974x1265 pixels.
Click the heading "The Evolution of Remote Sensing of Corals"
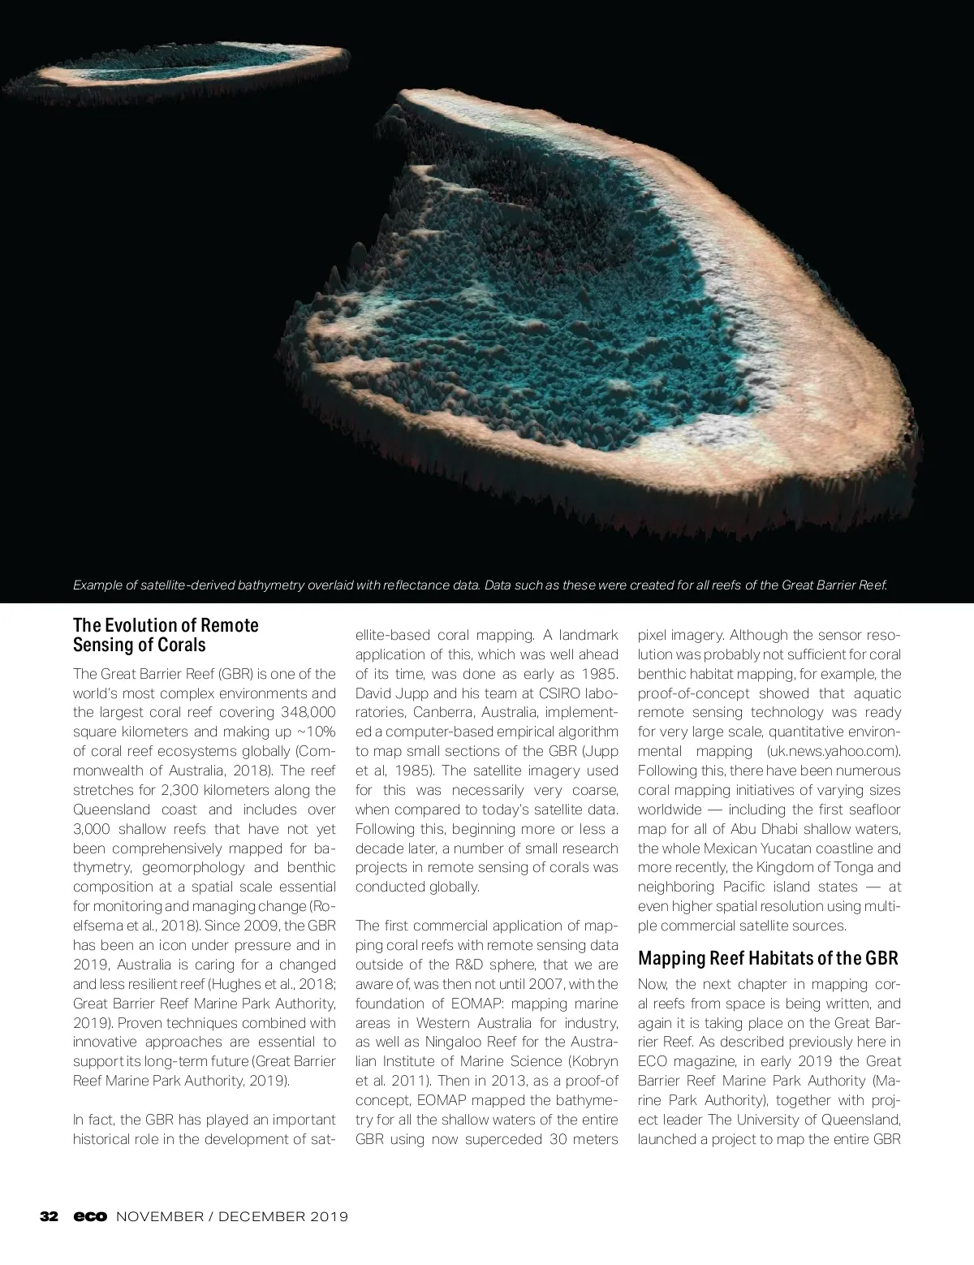[x=166, y=635]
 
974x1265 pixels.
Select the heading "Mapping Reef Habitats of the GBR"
[x=768, y=957]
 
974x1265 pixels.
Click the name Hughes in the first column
[x=235, y=984]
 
